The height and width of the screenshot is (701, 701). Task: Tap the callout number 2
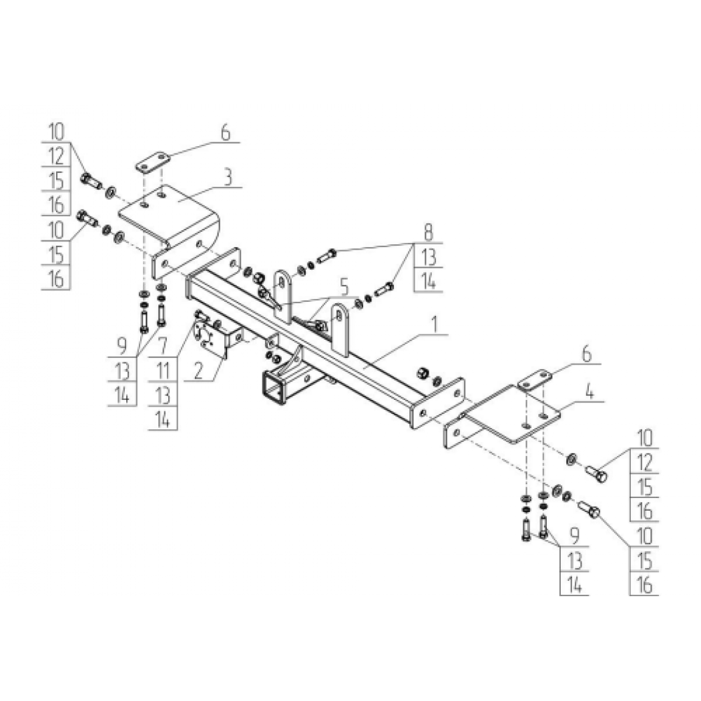[199, 371]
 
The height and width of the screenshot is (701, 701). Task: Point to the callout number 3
[228, 178]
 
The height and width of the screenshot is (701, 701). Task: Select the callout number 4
[590, 393]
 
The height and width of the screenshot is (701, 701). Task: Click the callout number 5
[344, 287]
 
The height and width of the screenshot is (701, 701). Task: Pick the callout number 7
[163, 346]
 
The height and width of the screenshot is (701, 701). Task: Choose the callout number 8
[429, 232]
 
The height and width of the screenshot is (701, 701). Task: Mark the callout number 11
[163, 371]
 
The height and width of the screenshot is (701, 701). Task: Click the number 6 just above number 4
[587, 354]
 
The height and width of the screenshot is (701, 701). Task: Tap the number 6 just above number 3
[226, 133]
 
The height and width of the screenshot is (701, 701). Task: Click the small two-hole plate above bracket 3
[153, 163]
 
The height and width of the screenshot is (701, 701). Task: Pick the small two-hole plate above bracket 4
[535, 380]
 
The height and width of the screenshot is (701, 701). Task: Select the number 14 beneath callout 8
[429, 281]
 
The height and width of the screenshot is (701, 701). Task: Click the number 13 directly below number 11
[163, 395]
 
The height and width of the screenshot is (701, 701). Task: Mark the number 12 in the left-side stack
[56, 156]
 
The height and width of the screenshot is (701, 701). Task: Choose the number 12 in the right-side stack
[644, 463]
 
